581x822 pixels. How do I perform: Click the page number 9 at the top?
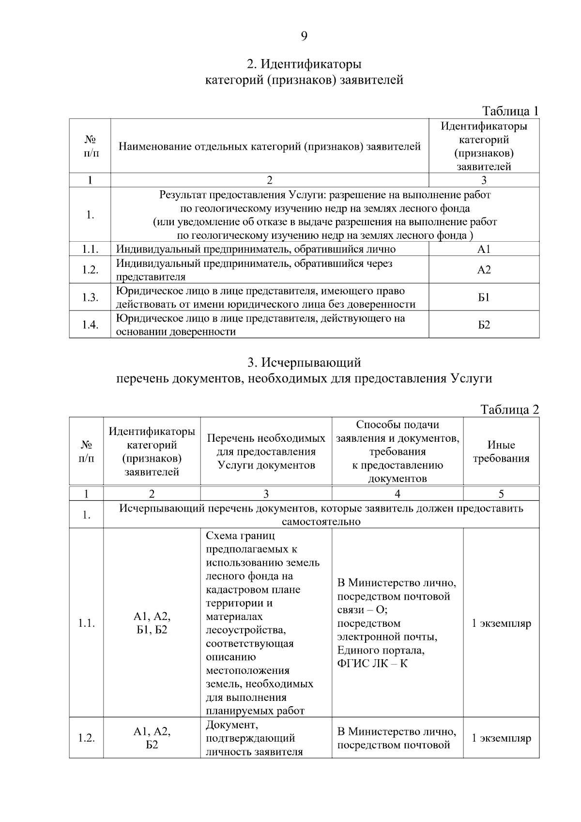304,36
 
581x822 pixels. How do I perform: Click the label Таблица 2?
510,409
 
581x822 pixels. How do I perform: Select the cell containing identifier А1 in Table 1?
484,249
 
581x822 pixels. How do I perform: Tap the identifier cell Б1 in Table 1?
484,297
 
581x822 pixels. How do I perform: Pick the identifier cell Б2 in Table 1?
484,325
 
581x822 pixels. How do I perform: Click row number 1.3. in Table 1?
90,297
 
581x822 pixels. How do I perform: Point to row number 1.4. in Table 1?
90,325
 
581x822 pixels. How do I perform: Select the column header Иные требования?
501,451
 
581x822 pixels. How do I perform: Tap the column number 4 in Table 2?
398,494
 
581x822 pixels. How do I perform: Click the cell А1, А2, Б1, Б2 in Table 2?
152,623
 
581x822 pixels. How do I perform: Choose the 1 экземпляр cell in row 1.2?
501,738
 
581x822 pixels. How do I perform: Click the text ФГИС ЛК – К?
372,664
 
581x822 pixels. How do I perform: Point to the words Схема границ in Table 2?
240,536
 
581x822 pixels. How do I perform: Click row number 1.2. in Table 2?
86,738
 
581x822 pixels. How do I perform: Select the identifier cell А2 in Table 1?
484,270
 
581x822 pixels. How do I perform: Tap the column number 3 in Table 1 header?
484,180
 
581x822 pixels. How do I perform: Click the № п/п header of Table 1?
90,146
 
